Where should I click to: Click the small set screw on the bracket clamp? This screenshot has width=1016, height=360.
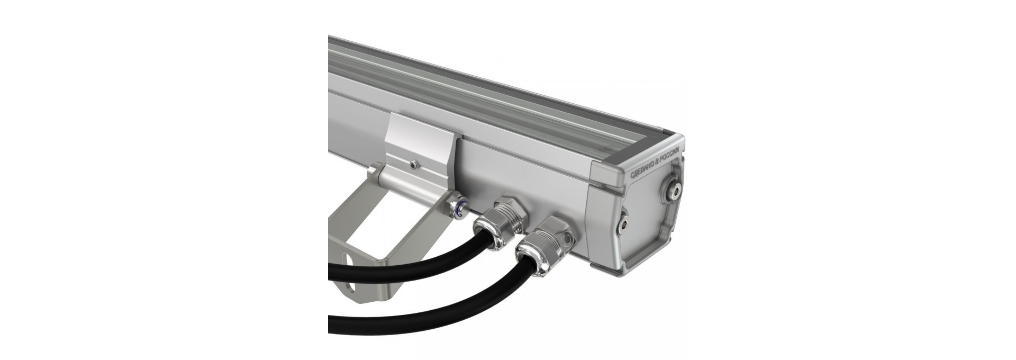point(413,166)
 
